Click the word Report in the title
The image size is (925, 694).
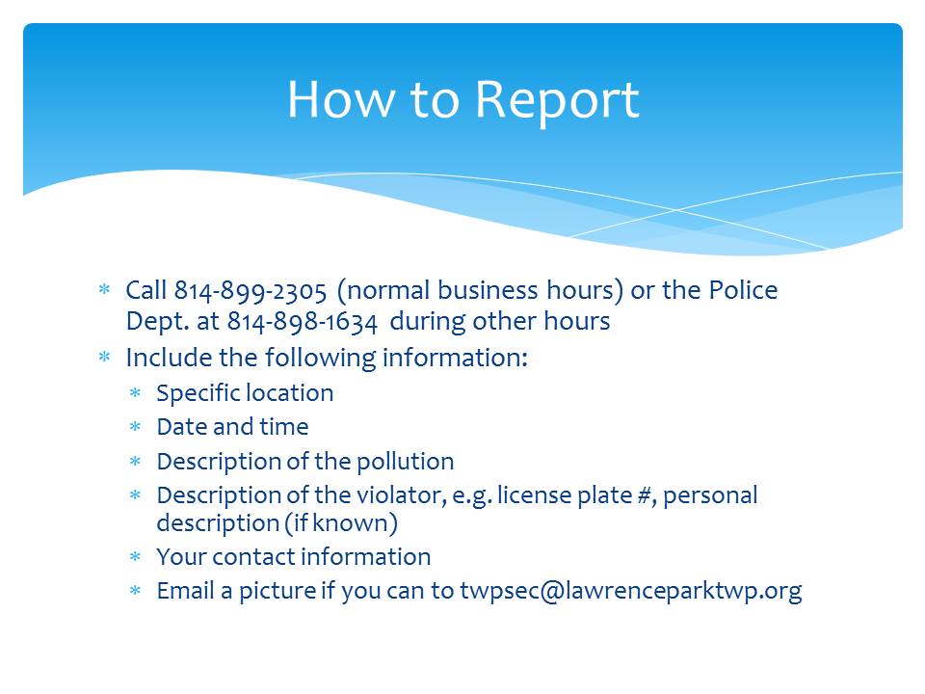(557, 101)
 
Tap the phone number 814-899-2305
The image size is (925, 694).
(251, 291)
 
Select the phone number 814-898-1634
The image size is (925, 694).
(302, 322)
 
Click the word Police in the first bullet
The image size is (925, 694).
(743, 290)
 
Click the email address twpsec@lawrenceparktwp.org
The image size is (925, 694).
(630, 591)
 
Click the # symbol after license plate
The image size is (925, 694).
(646, 495)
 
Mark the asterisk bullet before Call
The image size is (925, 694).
(104, 289)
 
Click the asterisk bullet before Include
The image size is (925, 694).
(104, 357)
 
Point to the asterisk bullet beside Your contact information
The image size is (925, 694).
(135, 556)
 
